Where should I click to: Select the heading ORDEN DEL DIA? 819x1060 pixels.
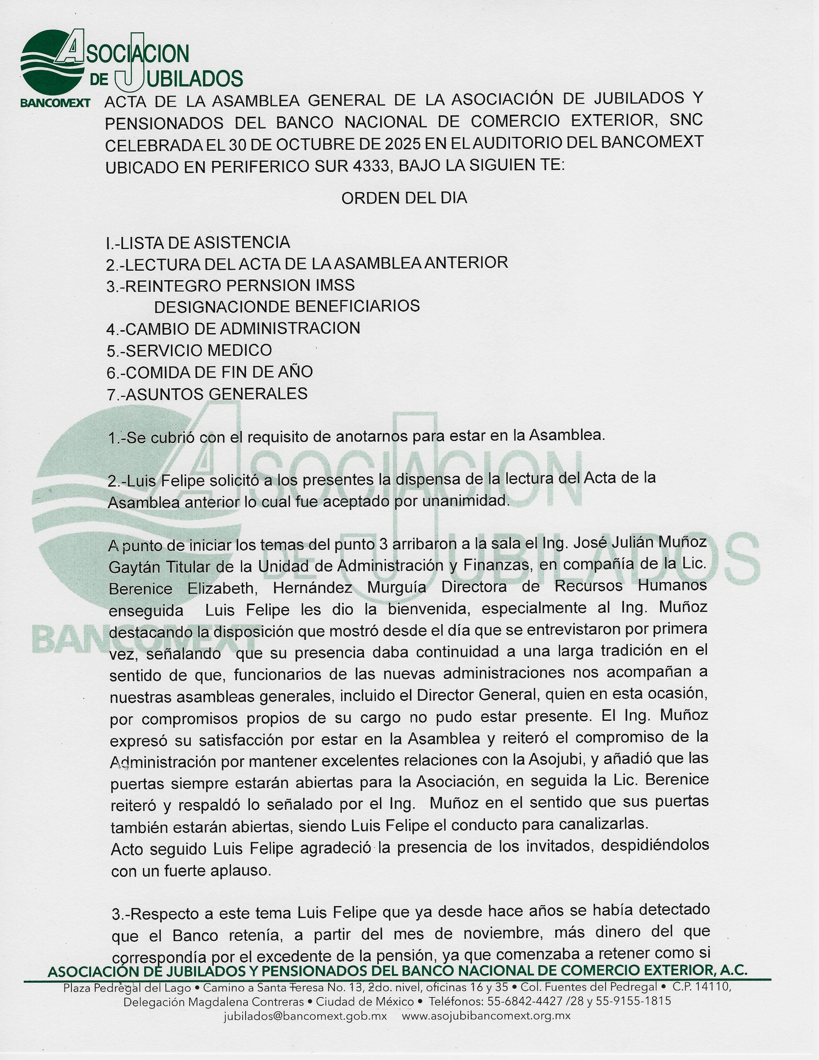click(404, 198)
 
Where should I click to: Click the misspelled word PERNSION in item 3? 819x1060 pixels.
click(261, 285)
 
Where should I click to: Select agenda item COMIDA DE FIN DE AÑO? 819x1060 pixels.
click(210, 372)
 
